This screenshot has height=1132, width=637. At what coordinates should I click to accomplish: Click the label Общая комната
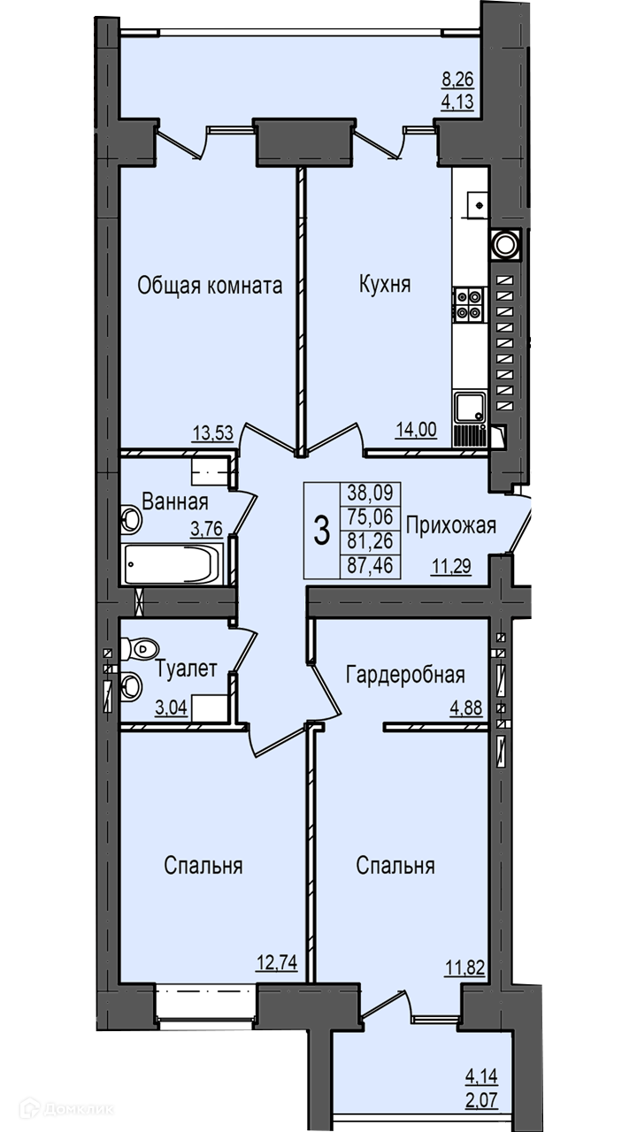coord(210,286)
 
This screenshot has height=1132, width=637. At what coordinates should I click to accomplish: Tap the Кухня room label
coord(385,284)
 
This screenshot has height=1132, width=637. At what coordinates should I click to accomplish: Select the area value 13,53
coord(213,432)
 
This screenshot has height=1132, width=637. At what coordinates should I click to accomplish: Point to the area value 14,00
coord(416,430)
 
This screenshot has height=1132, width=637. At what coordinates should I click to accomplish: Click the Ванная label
coord(175,501)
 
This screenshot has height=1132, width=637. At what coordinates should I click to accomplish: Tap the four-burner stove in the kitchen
coord(469,305)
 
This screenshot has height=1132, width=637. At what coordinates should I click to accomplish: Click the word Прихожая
coord(451,526)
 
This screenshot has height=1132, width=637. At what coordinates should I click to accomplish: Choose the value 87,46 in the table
coord(370,565)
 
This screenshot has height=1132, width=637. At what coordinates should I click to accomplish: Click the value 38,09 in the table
coord(370,492)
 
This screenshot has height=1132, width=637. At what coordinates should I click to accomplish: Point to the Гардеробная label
coord(405,675)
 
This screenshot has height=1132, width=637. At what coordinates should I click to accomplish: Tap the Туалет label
coord(186,669)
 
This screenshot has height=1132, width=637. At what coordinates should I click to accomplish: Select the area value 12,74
coord(277,963)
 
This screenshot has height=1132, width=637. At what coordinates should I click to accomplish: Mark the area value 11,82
coord(464,968)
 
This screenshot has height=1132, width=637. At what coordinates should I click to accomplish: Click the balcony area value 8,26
coord(458,80)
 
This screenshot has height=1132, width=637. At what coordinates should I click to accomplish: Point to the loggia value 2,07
coord(481,1099)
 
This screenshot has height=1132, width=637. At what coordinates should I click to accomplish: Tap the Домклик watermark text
coord(79,1109)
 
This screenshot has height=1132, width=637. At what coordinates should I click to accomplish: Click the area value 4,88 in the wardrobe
coord(466,708)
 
